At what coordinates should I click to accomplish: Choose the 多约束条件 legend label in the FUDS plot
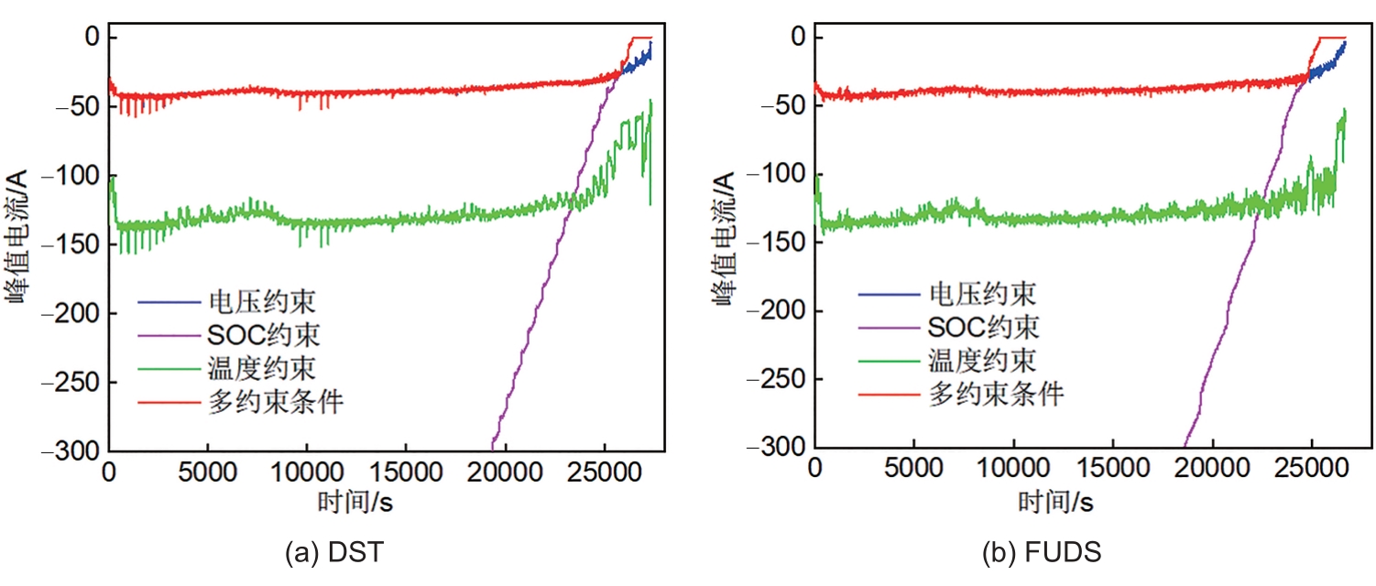click(997, 395)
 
